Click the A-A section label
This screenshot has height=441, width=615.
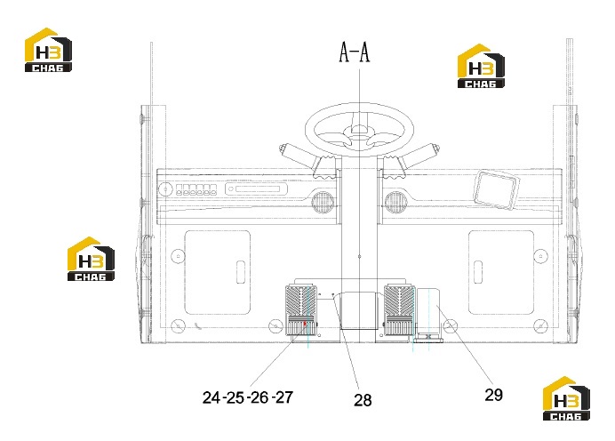[x=355, y=52]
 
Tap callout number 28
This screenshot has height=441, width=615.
[x=363, y=400]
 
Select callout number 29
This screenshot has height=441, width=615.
[x=493, y=395]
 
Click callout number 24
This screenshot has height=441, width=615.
[x=212, y=397]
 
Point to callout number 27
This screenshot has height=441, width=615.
[x=284, y=397]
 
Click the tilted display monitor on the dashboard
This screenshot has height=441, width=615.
[x=497, y=190]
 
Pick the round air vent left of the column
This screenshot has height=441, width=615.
[x=323, y=202]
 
